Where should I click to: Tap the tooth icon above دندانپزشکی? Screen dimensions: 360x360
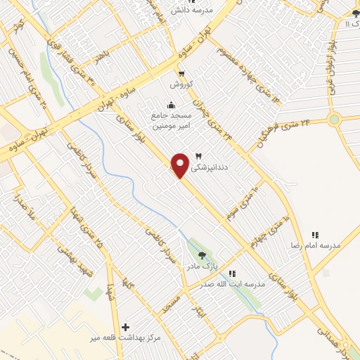pyautogui.click(x=198, y=156)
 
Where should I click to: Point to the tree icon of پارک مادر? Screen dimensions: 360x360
pyautogui.click(x=202, y=256)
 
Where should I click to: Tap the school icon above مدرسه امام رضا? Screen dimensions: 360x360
pyautogui.click(x=315, y=235)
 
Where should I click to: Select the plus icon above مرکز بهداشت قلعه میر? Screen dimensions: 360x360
pyautogui.click(x=126, y=327)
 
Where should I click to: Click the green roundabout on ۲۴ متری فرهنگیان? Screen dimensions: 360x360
pyautogui.click(x=334, y=119)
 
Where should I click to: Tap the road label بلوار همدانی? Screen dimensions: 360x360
pyautogui.click(x=330, y=337)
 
